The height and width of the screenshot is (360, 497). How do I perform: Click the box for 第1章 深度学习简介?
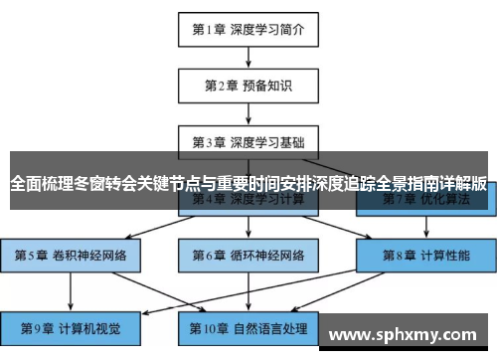click(x=248, y=29)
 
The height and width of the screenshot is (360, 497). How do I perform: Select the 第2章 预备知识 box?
click(x=248, y=85)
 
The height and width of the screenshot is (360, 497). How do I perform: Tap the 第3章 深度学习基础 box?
click(x=248, y=140)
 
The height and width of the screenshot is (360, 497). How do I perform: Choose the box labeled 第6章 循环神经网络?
click(x=248, y=256)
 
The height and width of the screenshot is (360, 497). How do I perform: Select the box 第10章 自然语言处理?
click(x=248, y=327)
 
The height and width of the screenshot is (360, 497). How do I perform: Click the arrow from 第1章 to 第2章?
click(x=248, y=57)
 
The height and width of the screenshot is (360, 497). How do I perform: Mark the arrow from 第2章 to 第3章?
click(x=248, y=112)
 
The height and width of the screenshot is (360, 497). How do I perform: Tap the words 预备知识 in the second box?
click(x=269, y=85)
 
